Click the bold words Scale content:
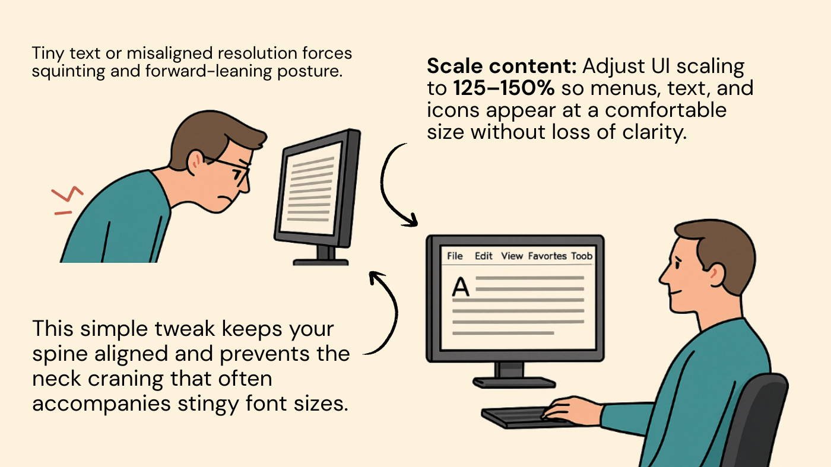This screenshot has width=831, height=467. [x=502, y=66]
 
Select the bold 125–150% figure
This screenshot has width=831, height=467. [x=504, y=88]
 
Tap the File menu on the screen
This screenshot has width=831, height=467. [x=455, y=256]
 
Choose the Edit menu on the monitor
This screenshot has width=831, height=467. [x=483, y=256]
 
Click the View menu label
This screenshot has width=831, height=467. [x=512, y=256]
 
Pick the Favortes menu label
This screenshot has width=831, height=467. [x=547, y=256]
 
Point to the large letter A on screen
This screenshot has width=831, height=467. [x=461, y=287]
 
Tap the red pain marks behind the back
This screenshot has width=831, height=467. [x=66, y=199]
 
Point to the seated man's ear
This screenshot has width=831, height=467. [x=716, y=275]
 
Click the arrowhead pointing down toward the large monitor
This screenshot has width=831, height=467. [x=411, y=220]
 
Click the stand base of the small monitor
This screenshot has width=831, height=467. [x=321, y=262]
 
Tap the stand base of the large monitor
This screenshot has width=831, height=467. [x=514, y=382]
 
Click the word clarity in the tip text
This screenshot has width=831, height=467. [x=654, y=132]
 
